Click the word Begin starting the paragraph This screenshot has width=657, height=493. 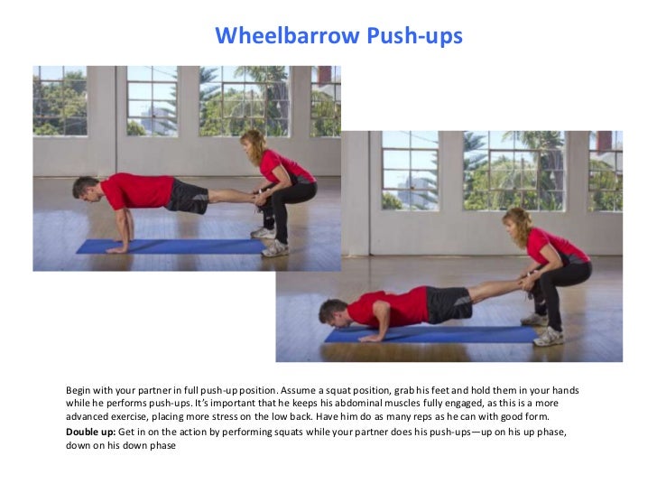click(x=80, y=390)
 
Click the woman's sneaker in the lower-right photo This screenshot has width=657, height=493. click(x=548, y=336)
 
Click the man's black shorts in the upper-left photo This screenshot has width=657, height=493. click(x=189, y=195)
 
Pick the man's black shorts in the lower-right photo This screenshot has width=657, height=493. click(x=448, y=304)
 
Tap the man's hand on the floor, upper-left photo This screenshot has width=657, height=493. click(x=116, y=248)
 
